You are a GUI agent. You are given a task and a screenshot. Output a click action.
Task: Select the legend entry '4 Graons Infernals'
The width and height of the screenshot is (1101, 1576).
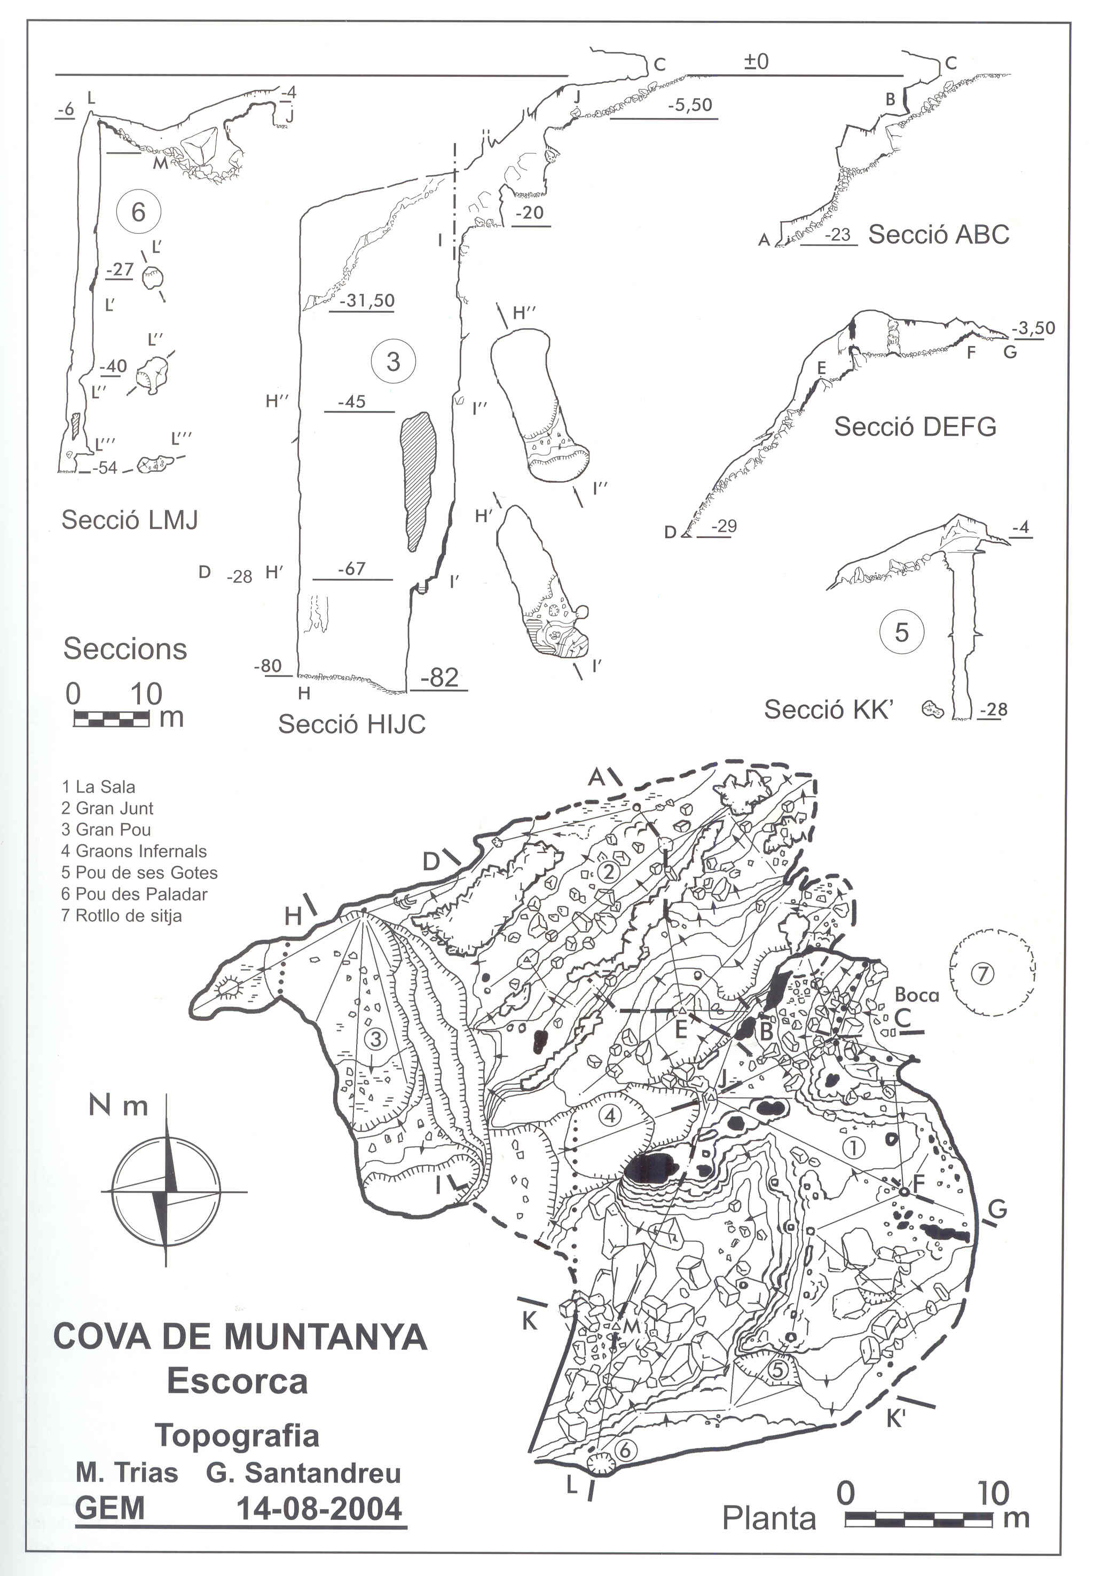134,851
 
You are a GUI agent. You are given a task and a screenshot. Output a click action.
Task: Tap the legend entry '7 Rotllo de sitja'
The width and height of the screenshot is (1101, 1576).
122,916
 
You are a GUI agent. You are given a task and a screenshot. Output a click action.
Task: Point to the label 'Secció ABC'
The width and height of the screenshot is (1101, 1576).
938,235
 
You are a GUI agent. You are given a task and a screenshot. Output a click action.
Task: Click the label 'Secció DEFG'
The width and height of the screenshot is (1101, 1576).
915,427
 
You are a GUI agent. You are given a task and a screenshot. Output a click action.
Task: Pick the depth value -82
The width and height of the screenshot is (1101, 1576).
439,677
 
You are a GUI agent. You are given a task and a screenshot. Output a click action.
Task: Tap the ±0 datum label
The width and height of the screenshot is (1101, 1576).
757,62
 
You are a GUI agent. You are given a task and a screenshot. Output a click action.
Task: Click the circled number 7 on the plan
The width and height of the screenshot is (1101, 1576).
983,973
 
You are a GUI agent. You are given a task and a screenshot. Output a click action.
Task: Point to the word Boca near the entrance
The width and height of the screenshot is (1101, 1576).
916,995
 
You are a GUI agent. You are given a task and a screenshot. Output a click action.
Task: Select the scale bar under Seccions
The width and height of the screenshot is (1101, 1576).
111,719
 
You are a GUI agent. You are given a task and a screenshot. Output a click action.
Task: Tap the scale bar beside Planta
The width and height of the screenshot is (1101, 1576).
918,1519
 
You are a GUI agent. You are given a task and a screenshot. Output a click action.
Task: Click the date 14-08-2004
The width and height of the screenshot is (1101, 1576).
319,1509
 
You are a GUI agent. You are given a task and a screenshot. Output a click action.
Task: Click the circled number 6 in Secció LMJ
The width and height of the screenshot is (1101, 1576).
138,212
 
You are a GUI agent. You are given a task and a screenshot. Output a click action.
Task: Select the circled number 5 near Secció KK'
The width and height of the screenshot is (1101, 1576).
901,632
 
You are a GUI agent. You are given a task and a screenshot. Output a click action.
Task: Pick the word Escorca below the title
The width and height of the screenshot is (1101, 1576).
238,1381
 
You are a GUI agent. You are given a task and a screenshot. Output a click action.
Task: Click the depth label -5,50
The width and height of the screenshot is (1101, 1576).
690,105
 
